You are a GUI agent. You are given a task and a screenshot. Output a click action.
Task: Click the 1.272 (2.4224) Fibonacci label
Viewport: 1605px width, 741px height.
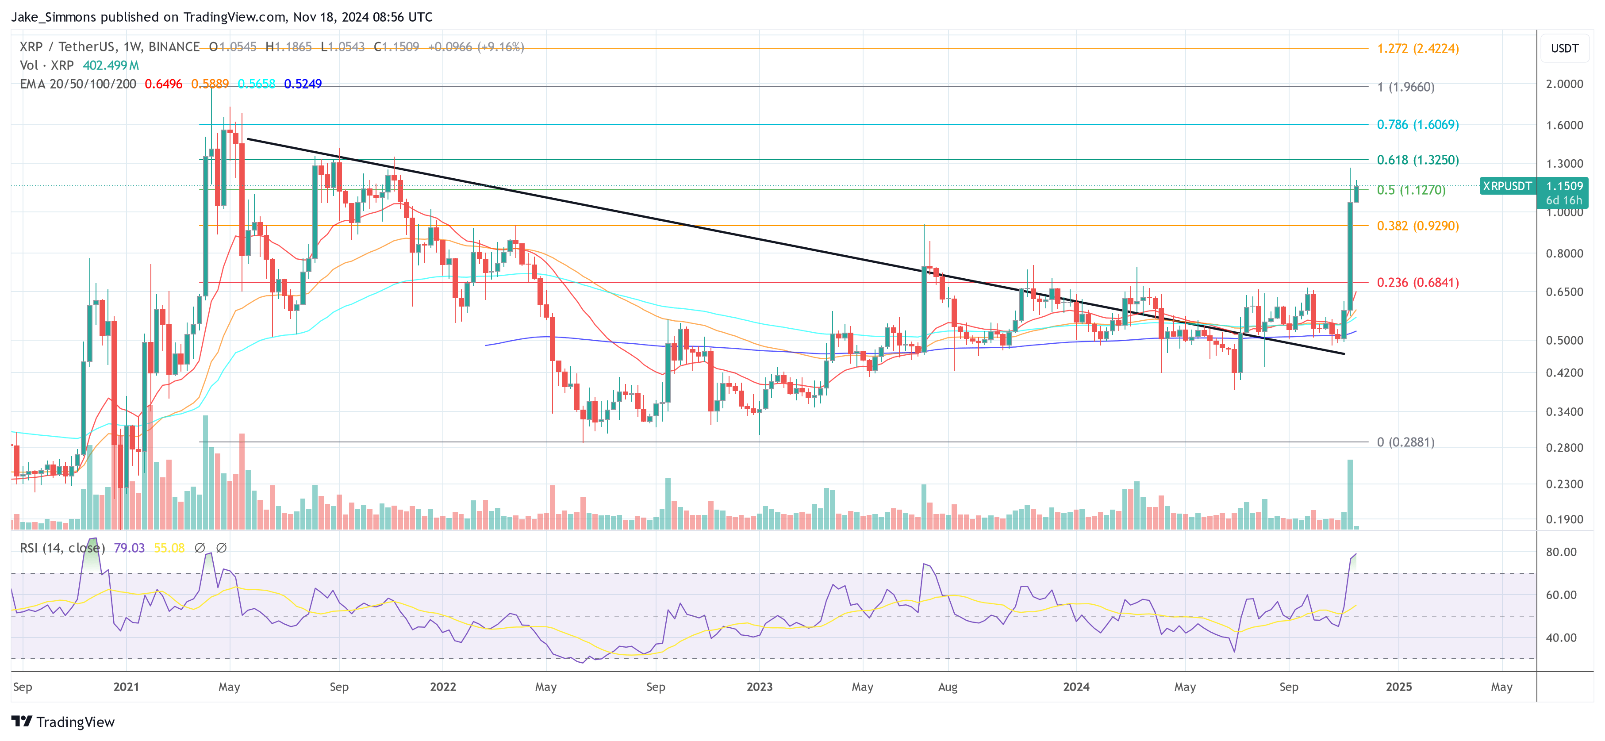pos(1417,49)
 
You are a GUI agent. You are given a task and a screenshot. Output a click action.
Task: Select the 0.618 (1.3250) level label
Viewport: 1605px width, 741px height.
pos(1417,160)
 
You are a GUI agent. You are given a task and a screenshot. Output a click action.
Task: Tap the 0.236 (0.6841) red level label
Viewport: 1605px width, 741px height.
pos(1417,282)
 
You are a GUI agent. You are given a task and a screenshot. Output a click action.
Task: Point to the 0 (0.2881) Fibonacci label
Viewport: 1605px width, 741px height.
pos(1405,442)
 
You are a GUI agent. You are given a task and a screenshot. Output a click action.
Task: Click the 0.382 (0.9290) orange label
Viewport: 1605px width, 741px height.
pos(1417,226)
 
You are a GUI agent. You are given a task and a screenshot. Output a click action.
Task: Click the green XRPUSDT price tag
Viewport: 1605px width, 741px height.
pos(1506,186)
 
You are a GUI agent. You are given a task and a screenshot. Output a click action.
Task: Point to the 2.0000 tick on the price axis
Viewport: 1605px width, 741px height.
pos(1564,84)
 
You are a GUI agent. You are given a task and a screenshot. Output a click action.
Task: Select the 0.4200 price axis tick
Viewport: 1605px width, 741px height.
pos(1564,372)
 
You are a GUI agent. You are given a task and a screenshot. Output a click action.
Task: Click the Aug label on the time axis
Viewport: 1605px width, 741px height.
pos(947,687)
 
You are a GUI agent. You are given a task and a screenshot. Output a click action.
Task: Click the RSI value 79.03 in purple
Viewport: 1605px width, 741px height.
pos(129,548)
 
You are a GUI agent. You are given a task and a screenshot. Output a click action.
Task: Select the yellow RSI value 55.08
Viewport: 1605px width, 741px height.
pos(169,548)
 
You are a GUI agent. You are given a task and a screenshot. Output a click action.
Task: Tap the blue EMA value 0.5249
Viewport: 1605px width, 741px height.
pos(303,84)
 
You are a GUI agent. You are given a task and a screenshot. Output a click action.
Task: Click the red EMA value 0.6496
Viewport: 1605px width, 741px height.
pos(163,84)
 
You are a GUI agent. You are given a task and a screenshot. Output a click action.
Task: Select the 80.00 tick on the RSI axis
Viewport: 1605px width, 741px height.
pos(1561,552)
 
